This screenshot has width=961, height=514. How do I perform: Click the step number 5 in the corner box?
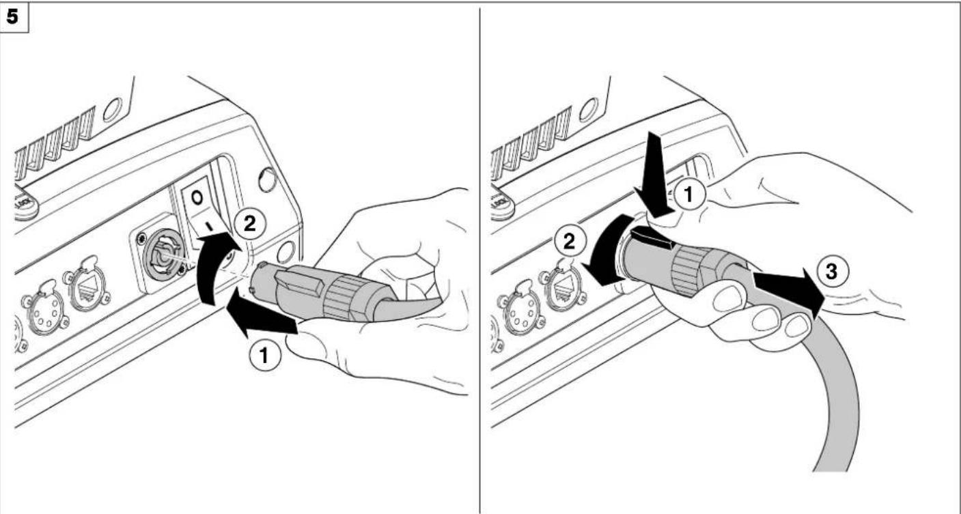pos(13,17)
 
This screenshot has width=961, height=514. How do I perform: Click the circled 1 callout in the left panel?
pos(265,356)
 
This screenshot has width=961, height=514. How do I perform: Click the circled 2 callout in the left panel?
pos(250,223)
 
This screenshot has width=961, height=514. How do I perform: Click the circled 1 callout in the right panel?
pos(688,194)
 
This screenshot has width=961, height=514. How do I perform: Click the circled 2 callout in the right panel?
pos(569,241)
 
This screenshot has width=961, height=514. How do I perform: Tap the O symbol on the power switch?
pos(197,198)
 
